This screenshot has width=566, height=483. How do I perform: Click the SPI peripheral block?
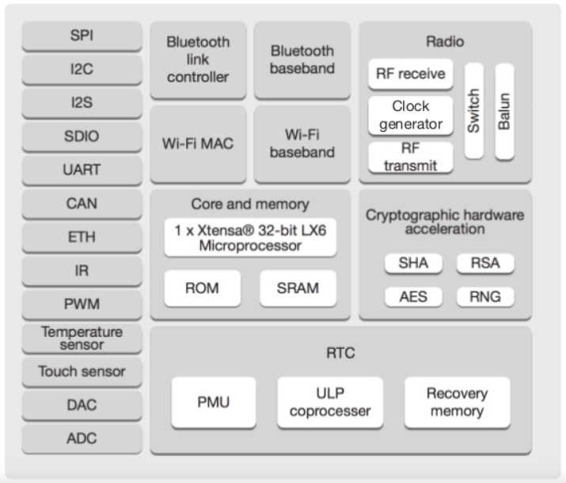(82, 36)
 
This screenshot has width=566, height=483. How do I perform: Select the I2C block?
(82, 70)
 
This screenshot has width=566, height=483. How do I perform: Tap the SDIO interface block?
(82, 136)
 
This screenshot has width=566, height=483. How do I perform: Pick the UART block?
(82, 171)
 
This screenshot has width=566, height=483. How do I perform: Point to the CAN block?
(82, 204)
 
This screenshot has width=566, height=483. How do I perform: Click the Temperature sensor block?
(82, 339)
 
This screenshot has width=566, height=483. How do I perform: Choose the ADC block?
(82, 439)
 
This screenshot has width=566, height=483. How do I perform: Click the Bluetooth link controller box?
(198, 60)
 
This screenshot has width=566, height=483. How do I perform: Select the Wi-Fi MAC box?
(198, 144)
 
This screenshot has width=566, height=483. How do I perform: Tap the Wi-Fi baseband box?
(302, 144)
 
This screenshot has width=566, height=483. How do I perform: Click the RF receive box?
(411, 74)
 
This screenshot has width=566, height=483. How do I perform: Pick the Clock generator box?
(411, 116)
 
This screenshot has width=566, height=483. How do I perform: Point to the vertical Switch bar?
(474, 111)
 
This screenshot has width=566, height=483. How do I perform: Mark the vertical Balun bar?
(504, 111)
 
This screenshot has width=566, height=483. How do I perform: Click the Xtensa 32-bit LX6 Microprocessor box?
(250, 237)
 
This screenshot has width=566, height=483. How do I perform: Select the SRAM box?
(298, 289)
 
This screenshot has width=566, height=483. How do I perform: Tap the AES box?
(414, 297)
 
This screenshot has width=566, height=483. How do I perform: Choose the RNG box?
(485, 297)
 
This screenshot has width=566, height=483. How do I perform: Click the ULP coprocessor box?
(330, 403)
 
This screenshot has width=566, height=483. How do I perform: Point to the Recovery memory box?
(458, 403)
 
